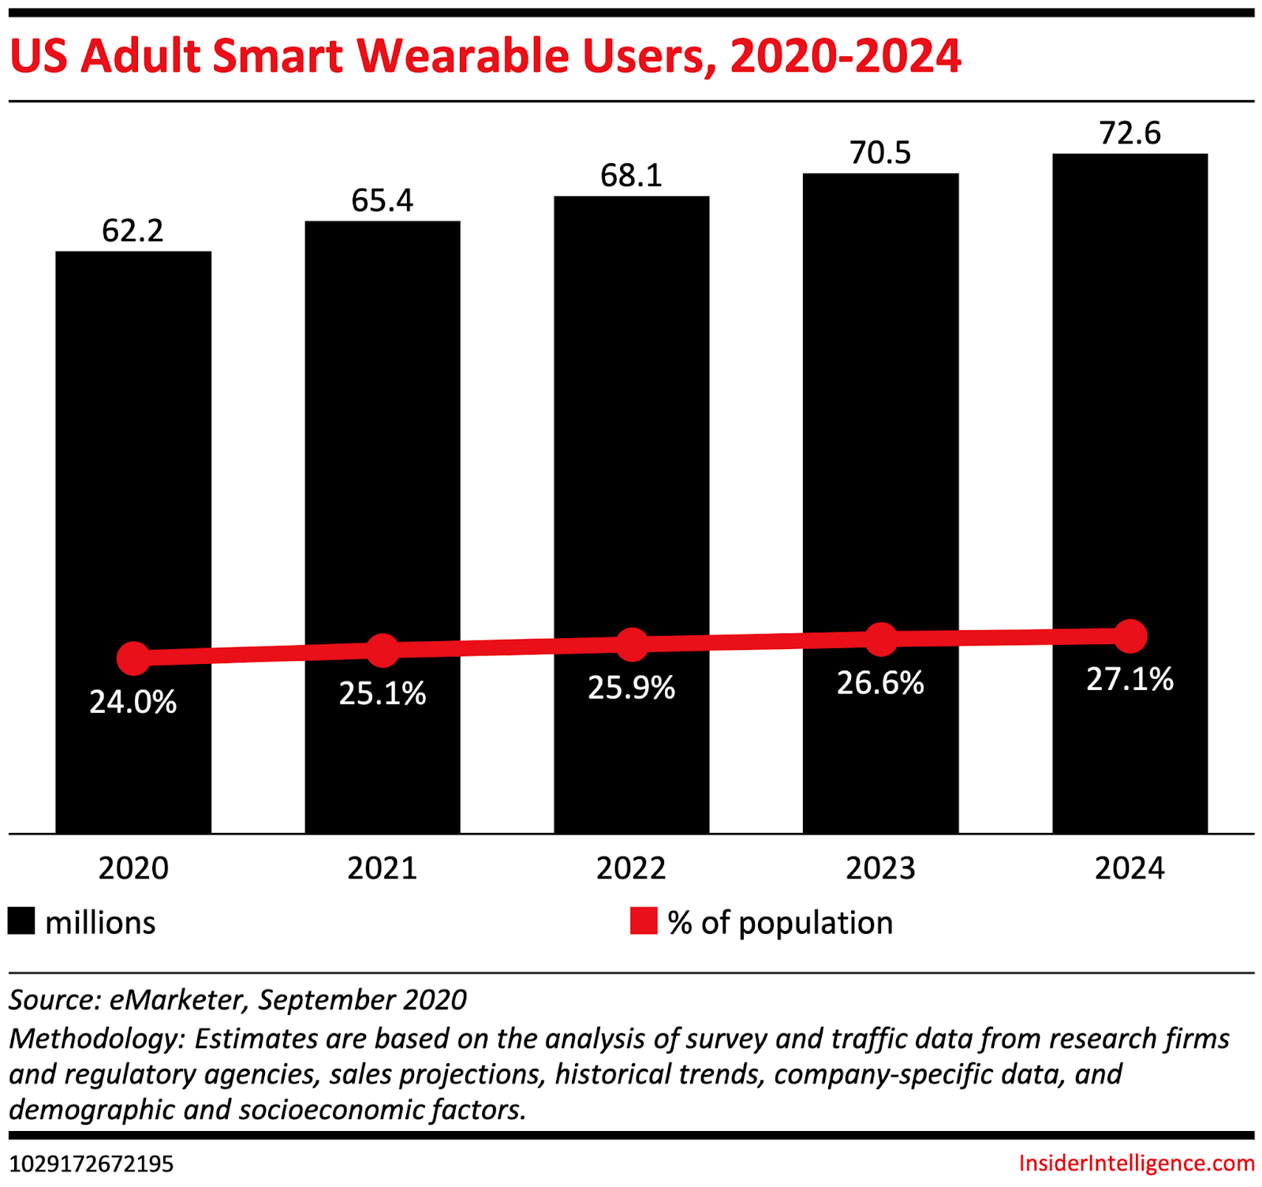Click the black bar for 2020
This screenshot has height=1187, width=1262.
(x=133, y=473)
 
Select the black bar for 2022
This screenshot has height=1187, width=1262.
(x=631, y=442)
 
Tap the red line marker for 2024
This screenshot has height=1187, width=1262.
(x=1130, y=636)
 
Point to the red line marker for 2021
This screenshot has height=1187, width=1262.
(x=383, y=650)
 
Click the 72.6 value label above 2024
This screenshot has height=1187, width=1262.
(x=1129, y=133)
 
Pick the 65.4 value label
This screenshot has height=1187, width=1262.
(x=382, y=200)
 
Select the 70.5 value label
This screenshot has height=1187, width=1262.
(x=880, y=153)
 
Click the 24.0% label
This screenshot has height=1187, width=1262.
(x=133, y=702)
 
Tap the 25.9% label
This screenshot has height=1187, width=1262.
(x=631, y=688)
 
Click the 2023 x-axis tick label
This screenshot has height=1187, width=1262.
(x=880, y=868)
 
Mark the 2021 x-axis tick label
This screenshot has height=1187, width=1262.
(x=382, y=868)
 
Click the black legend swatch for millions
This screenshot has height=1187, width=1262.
(x=21, y=921)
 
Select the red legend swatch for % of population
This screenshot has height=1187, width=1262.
(x=644, y=921)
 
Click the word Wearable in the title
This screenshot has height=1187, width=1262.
(x=461, y=57)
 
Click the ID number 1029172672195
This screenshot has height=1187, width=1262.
(x=91, y=1164)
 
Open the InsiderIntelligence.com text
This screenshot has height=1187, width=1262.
(x=1136, y=1163)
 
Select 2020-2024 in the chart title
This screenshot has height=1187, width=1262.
(x=846, y=57)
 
